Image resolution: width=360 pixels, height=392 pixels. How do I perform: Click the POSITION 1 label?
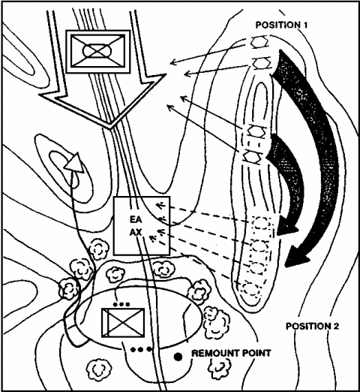tap(281, 25)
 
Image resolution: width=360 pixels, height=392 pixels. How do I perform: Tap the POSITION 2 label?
tap(313, 326)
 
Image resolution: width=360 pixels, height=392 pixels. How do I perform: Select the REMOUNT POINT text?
tap(231, 353)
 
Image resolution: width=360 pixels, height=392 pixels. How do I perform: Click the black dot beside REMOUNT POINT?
tap(178, 357)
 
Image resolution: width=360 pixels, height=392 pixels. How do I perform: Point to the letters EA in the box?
tap(136, 219)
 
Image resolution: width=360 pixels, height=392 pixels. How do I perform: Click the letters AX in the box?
tap(136, 233)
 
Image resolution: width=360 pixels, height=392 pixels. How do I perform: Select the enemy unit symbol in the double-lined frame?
tap(97, 52)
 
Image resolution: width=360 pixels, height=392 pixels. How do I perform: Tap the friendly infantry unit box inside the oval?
tap(123, 323)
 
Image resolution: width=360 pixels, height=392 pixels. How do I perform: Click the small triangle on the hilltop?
tap(74, 163)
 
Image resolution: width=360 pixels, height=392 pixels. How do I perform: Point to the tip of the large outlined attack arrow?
tap(110, 128)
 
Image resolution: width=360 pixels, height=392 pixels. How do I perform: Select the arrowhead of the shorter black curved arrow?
tap(287, 225)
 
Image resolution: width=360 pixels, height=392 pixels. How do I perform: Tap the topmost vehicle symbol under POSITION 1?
tap(260, 41)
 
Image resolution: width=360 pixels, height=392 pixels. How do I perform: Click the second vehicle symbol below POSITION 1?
tap(262, 62)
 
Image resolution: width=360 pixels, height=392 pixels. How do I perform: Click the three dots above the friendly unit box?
tap(121, 304)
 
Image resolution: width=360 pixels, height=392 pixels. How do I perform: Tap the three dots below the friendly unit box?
tap(141, 349)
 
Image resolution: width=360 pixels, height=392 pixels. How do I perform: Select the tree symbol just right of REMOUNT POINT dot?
tap(220, 368)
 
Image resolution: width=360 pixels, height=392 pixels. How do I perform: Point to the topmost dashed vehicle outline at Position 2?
tap(261, 224)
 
